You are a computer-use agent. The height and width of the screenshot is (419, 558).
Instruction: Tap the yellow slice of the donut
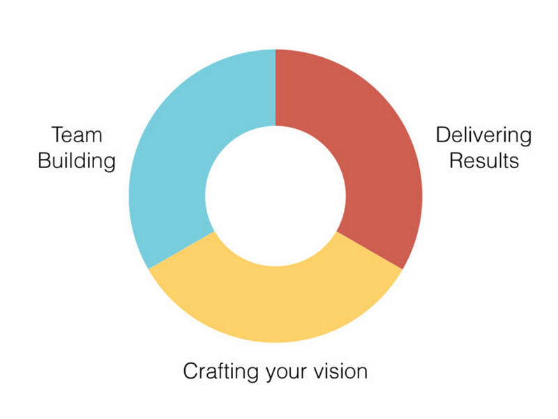point(276,305)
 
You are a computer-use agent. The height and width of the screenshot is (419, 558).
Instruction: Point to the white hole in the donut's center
point(276,196)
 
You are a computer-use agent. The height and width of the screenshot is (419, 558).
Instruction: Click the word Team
point(77,135)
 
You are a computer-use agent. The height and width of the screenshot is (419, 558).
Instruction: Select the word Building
point(77,160)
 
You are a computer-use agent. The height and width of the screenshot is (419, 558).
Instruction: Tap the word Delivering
point(484,135)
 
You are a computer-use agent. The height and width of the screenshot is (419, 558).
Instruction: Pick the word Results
point(484,160)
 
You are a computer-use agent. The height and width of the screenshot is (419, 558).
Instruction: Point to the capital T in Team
point(59,135)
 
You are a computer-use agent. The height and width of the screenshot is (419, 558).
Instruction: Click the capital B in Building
point(45,160)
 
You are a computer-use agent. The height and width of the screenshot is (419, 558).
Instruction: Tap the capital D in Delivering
point(444,135)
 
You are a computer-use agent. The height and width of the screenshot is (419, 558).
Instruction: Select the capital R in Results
point(458,160)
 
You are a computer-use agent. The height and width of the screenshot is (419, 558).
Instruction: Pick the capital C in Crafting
point(192,371)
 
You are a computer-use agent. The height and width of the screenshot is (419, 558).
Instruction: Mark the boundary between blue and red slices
point(276,88)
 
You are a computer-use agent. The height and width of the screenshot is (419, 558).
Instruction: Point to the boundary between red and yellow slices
point(370,250)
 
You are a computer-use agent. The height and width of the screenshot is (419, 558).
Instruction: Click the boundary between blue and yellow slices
point(181,250)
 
